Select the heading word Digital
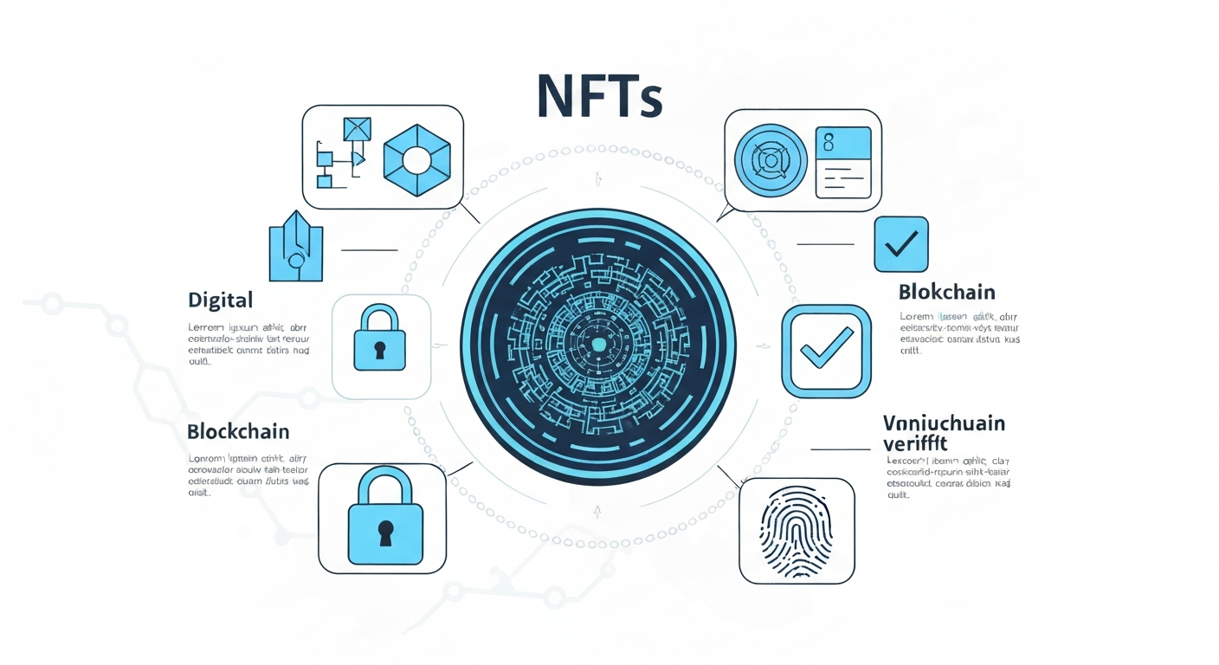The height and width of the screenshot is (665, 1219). click(x=220, y=300)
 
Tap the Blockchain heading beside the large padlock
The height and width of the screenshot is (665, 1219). click(x=238, y=431)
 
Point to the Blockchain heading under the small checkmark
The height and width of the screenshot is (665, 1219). click(x=947, y=292)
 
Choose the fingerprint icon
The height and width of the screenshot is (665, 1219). click(x=796, y=530)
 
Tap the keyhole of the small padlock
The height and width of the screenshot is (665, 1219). click(x=380, y=348)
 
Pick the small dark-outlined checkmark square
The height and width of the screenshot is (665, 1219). click(x=900, y=245)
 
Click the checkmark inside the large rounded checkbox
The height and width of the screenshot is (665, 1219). click(x=827, y=349)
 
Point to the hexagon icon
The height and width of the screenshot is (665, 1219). click(x=417, y=158)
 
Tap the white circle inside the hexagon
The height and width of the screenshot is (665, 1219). click(x=417, y=158)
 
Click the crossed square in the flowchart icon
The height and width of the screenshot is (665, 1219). click(x=357, y=128)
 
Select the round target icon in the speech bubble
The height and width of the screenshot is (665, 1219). click(x=771, y=161)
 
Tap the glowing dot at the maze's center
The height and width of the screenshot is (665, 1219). click(x=597, y=345)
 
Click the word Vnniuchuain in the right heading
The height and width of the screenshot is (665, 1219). click(x=944, y=423)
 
